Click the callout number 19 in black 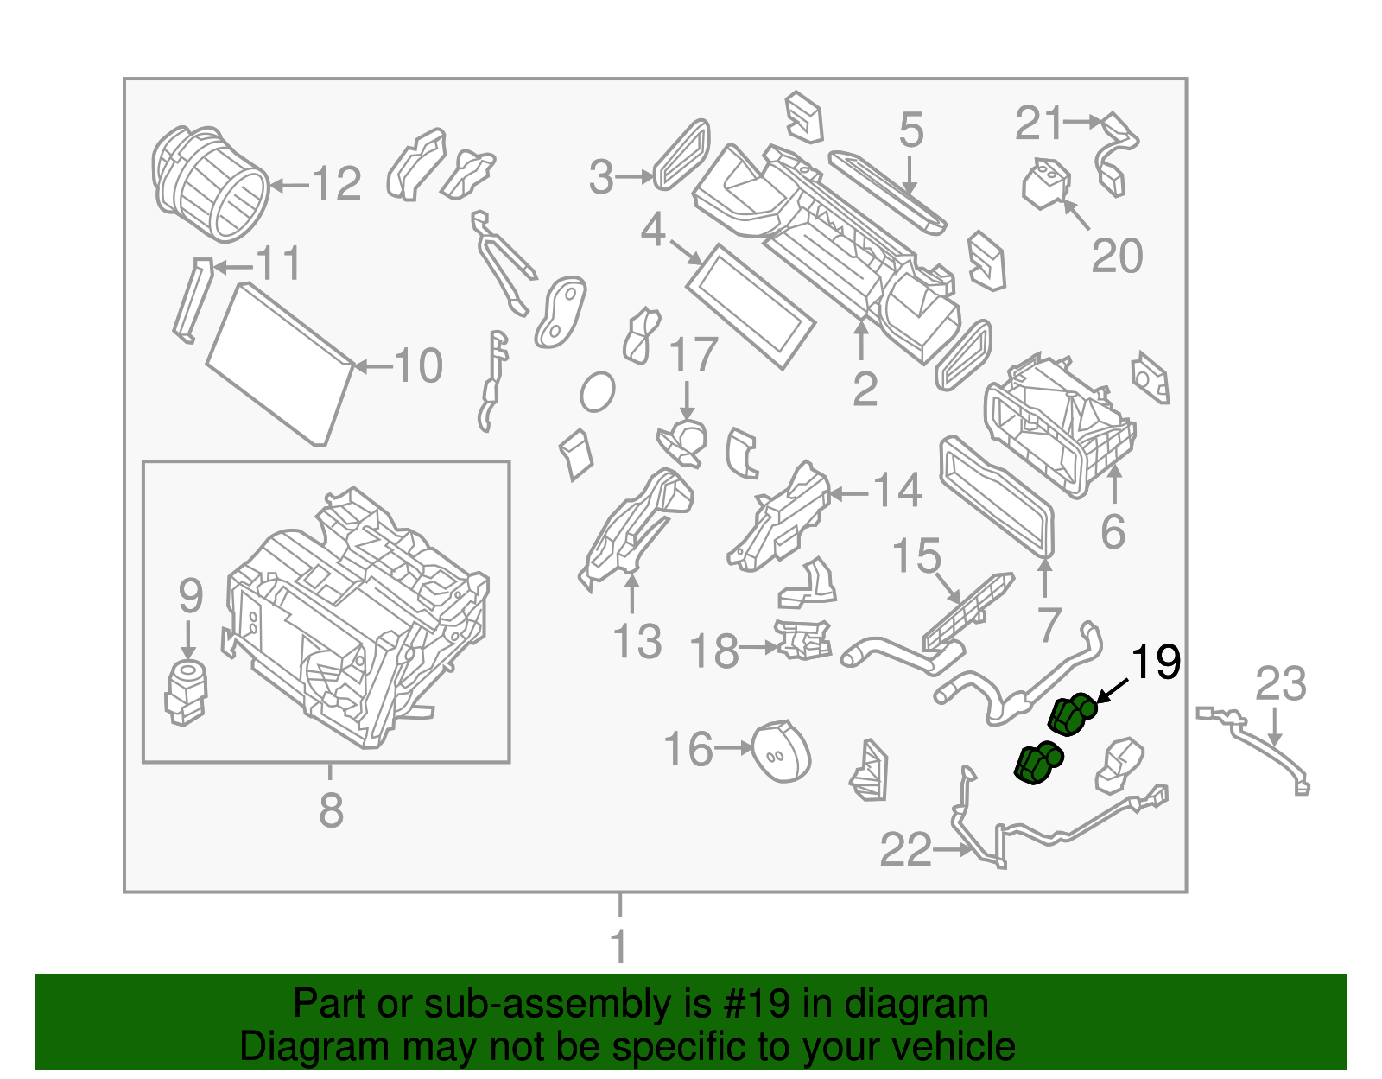1155,663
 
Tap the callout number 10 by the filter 419,366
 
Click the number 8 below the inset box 331,810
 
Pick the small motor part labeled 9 185,691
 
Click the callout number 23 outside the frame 1280,684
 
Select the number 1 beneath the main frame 619,946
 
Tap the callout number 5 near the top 910,130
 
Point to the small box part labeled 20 1045,183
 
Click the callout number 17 693,355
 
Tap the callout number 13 637,642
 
